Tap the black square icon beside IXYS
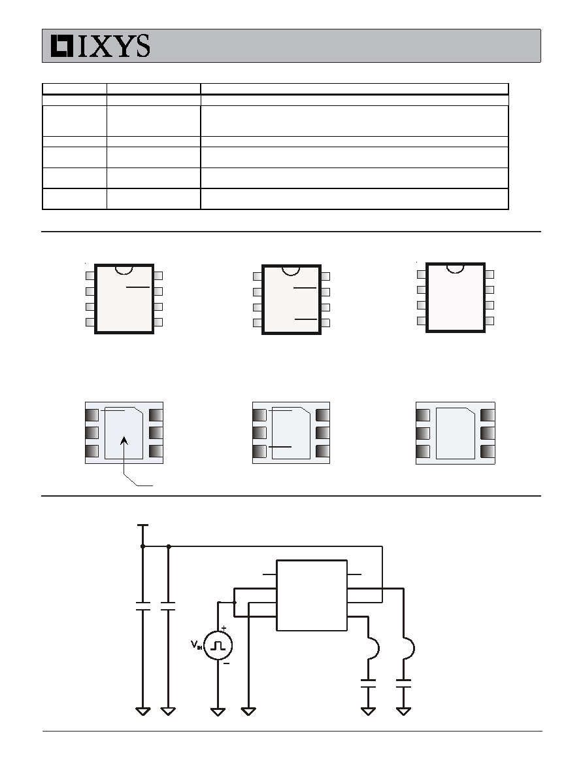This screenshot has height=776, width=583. coord(62,46)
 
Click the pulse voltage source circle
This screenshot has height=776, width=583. coord(218,645)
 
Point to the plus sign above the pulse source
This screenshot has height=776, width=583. coord(224,627)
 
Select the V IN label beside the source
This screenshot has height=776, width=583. coord(196,645)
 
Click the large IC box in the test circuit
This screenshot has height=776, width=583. coord(312,595)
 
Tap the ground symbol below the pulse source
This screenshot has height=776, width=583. coord(218,712)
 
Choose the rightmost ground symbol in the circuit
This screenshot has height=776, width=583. coord(403,712)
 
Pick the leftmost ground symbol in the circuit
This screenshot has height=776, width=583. coord(143,712)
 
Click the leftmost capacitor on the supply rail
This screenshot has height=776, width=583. coord(143,607)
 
